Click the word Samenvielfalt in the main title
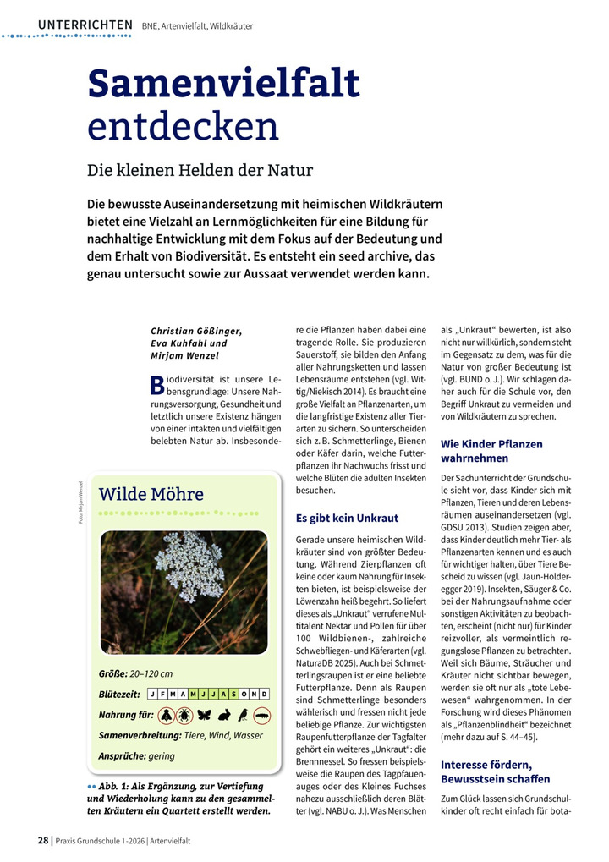pos(223,85)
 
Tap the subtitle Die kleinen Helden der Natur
pos(200,170)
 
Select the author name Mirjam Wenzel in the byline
pos(184,356)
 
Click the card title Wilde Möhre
pos(151,494)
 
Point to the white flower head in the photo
pos(189,564)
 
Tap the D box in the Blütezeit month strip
pos(265,695)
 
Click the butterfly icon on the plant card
pos(204,716)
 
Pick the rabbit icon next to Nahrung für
pos(224,716)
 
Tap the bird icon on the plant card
pos(243,716)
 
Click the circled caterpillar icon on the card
pos(263,716)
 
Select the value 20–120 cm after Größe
pos(152,673)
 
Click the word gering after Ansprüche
pos(162,755)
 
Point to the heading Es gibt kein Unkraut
pos(347,518)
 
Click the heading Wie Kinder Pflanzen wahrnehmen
pos(492,451)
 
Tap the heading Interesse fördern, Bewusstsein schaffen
pos(496,771)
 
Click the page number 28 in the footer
pos(42,841)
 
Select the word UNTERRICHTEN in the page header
pos(85,25)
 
